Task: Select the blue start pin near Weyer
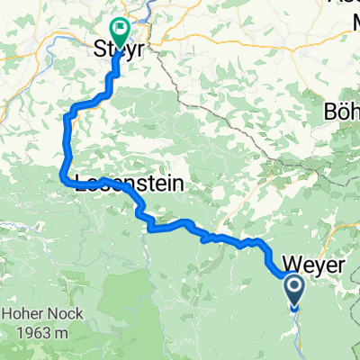click(x=295, y=291)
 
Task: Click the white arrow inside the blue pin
click(x=295, y=288)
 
